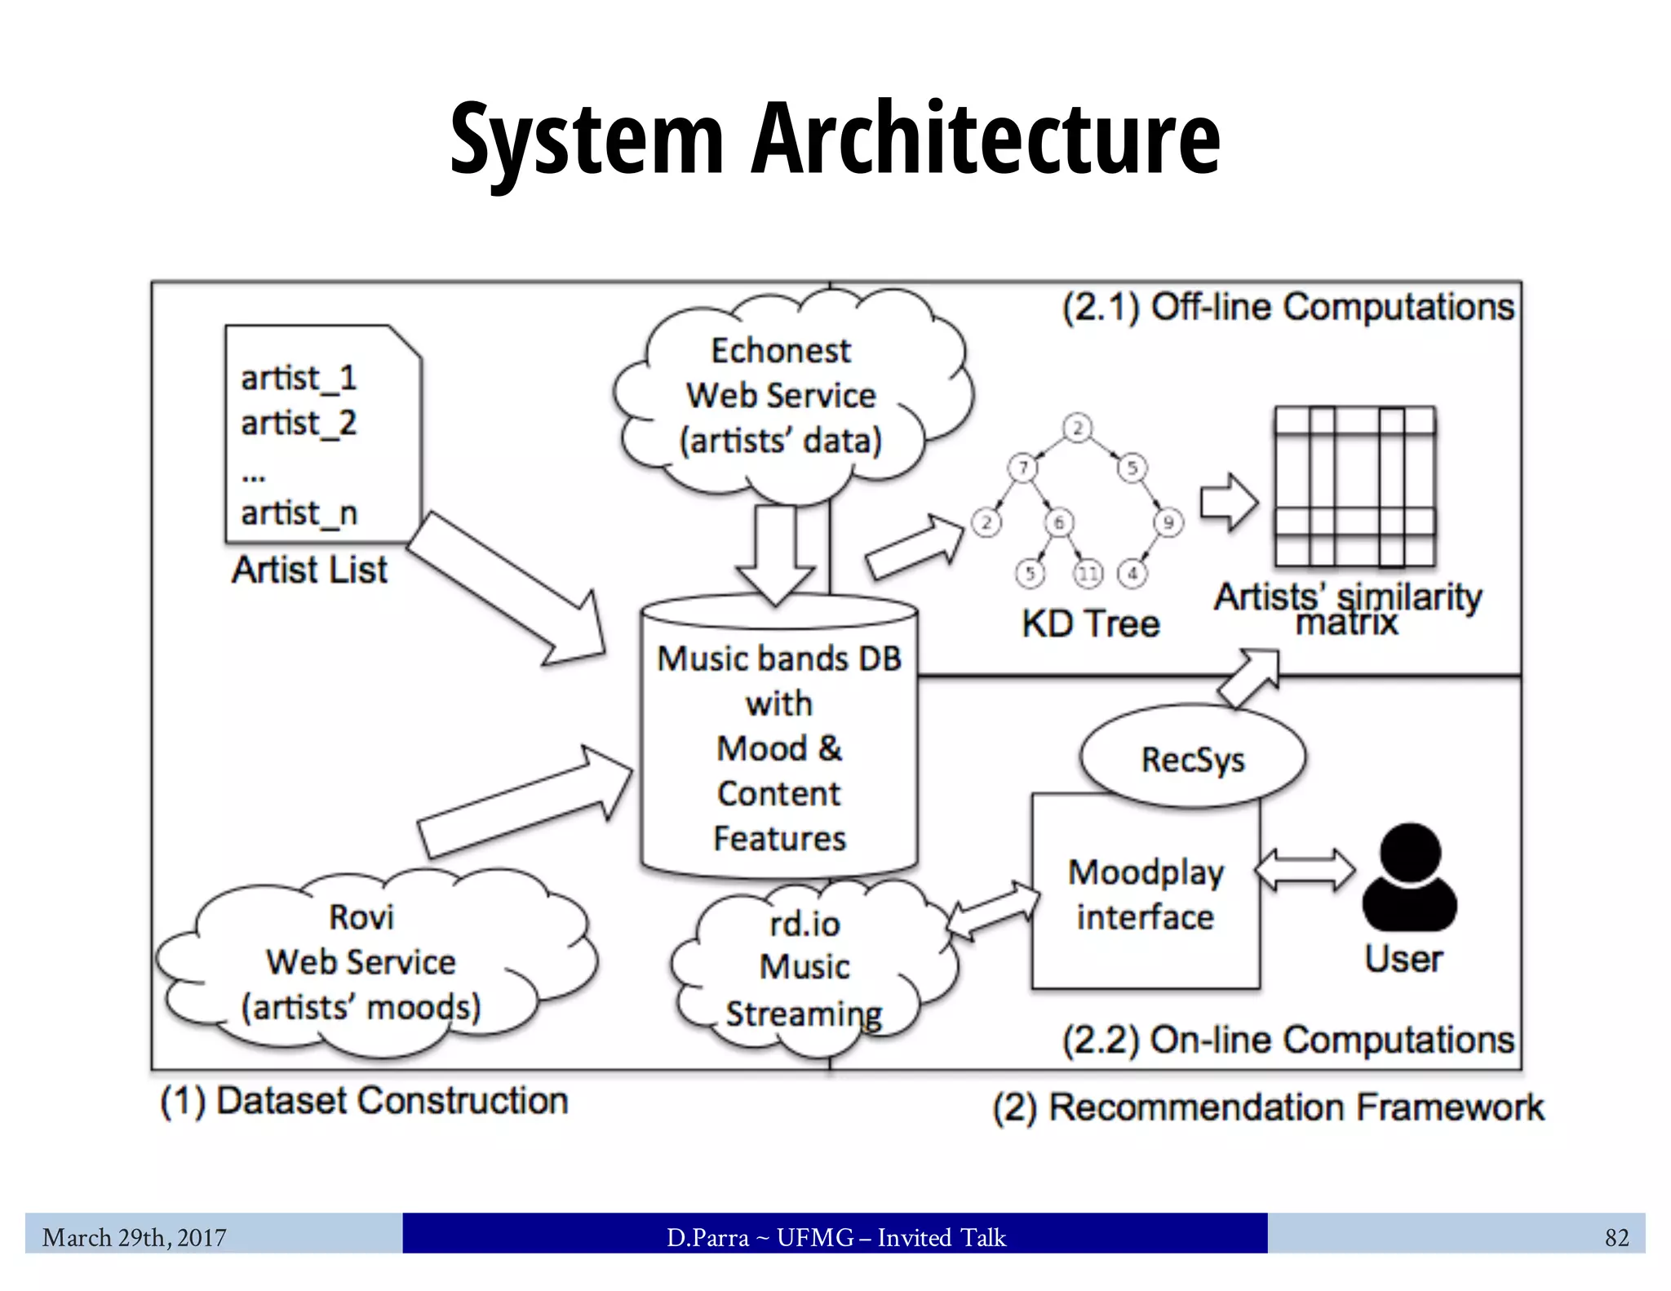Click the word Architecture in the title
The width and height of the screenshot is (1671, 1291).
(985, 139)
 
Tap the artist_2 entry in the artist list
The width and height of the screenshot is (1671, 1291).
(299, 424)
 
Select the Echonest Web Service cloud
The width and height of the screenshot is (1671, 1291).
(782, 397)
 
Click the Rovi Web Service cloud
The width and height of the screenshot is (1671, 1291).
(361, 963)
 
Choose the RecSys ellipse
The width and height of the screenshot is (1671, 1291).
(1192, 760)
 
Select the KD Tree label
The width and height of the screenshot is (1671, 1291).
(1091, 624)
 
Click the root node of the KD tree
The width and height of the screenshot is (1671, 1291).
(1077, 428)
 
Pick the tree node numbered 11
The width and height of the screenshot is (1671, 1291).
(1088, 574)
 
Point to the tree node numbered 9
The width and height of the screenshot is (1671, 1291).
(1168, 522)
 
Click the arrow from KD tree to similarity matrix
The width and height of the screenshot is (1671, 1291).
(1229, 502)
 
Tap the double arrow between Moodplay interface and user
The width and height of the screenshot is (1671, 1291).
(1305, 870)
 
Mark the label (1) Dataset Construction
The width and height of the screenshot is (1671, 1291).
(364, 1101)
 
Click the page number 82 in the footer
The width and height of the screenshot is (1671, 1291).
(1616, 1238)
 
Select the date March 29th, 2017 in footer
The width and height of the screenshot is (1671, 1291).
(135, 1238)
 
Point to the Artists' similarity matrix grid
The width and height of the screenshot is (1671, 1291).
(1354, 487)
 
